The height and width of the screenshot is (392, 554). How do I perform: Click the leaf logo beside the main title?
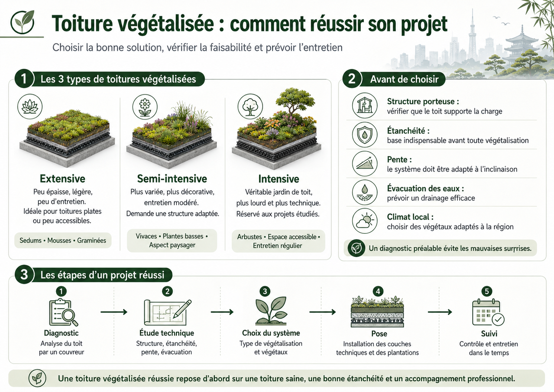[x=23, y=22]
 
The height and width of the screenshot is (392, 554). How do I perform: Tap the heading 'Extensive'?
[x=62, y=179]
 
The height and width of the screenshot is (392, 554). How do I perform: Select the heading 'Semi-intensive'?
[x=172, y=179]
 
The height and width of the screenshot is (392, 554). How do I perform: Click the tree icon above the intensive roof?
[x=250, y=107]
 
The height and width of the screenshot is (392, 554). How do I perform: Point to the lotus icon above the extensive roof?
[x=30, y=107]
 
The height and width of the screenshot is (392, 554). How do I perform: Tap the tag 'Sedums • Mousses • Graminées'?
[x=63, y=240]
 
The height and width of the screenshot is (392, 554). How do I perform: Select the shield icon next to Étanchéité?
[x=365, y=135]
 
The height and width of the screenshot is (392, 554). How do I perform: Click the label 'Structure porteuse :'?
[x=423, y=101]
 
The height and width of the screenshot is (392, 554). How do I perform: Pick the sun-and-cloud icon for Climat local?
[x=365, y=221]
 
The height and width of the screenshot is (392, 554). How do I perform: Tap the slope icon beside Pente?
[x=365, y=163]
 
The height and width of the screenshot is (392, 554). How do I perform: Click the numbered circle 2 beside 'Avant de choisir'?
[x=352, y=79]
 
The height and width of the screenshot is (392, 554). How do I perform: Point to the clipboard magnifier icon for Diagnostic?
[x=63, y=312]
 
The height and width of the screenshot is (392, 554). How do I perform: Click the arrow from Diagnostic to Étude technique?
[x=114, y=312]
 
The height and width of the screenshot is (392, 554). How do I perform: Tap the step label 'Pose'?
[x=379, y=334]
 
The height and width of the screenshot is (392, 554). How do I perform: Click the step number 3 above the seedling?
[x=265, y=291]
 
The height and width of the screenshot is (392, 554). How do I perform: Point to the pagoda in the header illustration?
[x=522, y=47]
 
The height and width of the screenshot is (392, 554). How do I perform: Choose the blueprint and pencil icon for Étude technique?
[x=168, y=312]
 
